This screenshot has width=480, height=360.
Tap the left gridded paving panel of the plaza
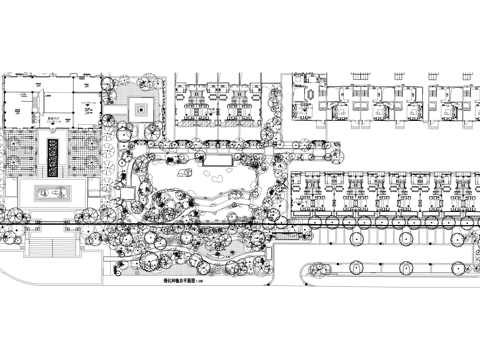click(25, 154)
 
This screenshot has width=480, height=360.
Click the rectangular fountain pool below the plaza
click(53, 190)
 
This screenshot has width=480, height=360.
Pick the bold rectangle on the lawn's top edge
click(219, 160)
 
